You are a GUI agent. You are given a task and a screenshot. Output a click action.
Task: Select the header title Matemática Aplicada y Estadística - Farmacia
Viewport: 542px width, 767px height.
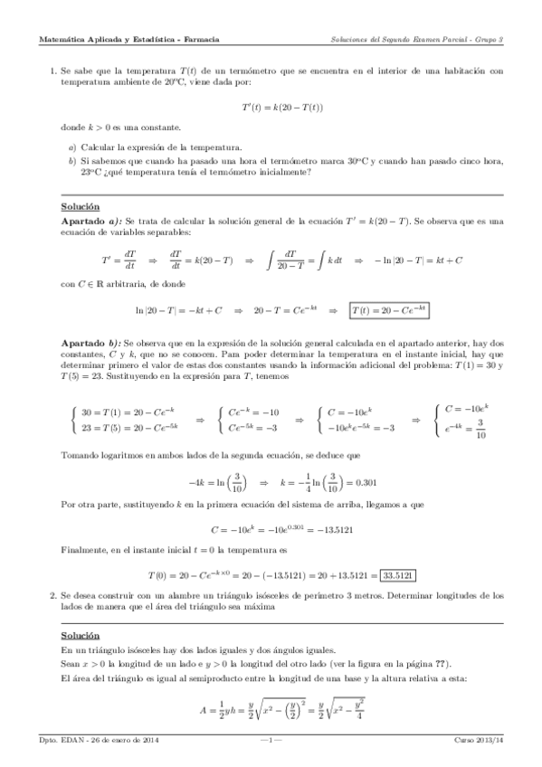point(129,39)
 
